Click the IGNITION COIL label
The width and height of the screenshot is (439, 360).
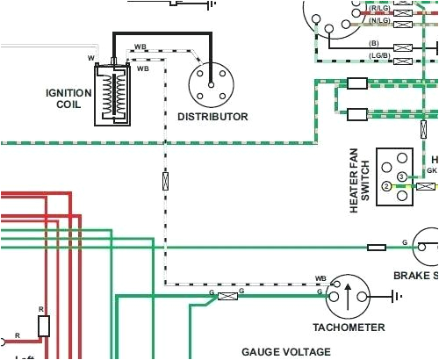click(68, 97)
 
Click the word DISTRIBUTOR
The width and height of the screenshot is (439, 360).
click(212, 116)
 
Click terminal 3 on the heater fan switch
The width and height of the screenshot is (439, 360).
click(400, 177)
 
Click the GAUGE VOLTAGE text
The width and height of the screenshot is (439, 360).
click(286, 351)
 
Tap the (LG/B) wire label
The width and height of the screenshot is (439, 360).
click(378, 54)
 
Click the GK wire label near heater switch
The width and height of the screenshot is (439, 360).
click(432, 169)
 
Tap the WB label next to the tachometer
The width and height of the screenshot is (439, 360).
click(321, 278)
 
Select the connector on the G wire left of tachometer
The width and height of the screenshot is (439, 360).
click(227, 297)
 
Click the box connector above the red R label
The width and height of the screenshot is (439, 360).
click(44, 327)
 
